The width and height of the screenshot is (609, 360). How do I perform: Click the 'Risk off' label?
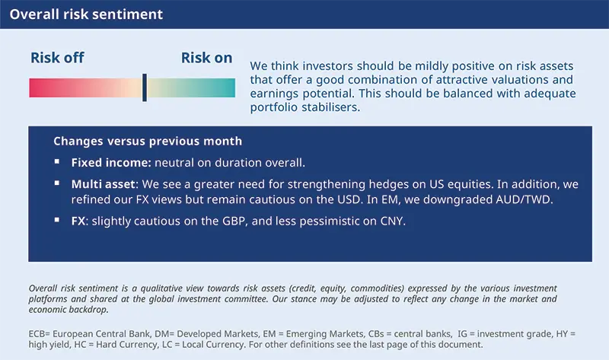(57, 58)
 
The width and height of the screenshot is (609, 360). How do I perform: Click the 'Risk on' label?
(206, 58)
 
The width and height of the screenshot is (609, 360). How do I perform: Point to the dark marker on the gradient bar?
(144, 88)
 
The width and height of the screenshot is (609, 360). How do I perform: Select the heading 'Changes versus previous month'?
(148, 141)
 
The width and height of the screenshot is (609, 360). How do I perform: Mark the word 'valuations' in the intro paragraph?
(515, 80)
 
